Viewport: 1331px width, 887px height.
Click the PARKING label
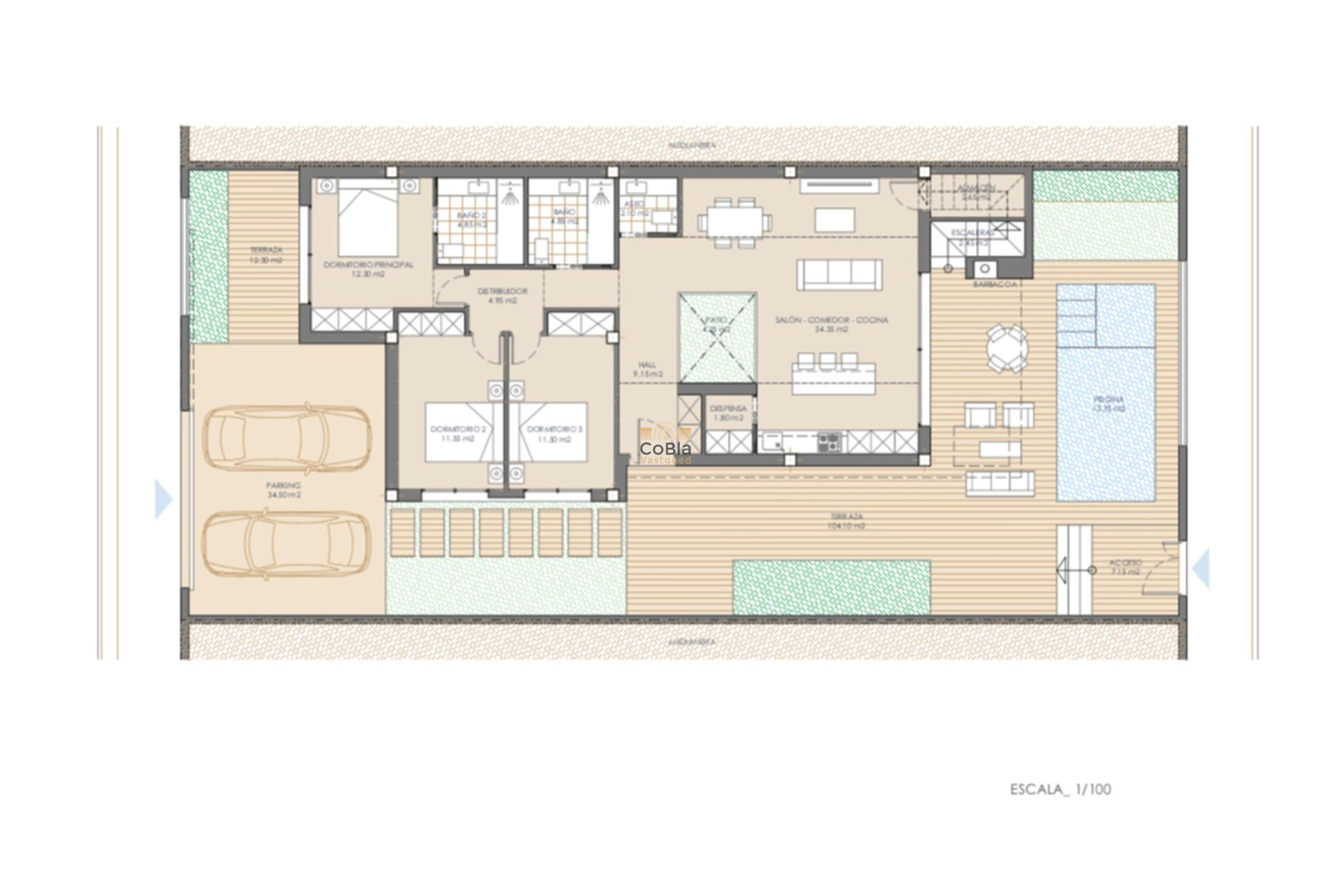pos(284,486)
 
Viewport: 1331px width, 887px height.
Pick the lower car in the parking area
pos(286,544)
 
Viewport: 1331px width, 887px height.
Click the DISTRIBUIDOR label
pos(503,292)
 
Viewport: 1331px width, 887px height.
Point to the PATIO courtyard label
pos(716,320)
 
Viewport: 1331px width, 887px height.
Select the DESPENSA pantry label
pos(728,409)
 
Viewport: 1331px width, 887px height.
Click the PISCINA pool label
pos(1108,400)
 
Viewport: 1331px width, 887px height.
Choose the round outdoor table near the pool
pos(1007,349)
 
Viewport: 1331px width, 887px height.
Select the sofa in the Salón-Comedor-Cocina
pos(840,274)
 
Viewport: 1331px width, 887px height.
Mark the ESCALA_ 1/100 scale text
pos(1060,789)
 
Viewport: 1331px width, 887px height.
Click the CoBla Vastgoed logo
pos(665,450)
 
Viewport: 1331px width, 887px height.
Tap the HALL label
pos(647,365)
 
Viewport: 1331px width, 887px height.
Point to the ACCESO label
pos(1125,563)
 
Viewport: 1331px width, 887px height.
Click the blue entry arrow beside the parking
pos(163,499)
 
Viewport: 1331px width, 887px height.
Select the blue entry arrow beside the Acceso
pos(1201,568)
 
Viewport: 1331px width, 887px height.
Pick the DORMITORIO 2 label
pos(458,430)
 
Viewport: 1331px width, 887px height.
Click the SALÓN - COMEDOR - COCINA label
pos(831,320)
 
